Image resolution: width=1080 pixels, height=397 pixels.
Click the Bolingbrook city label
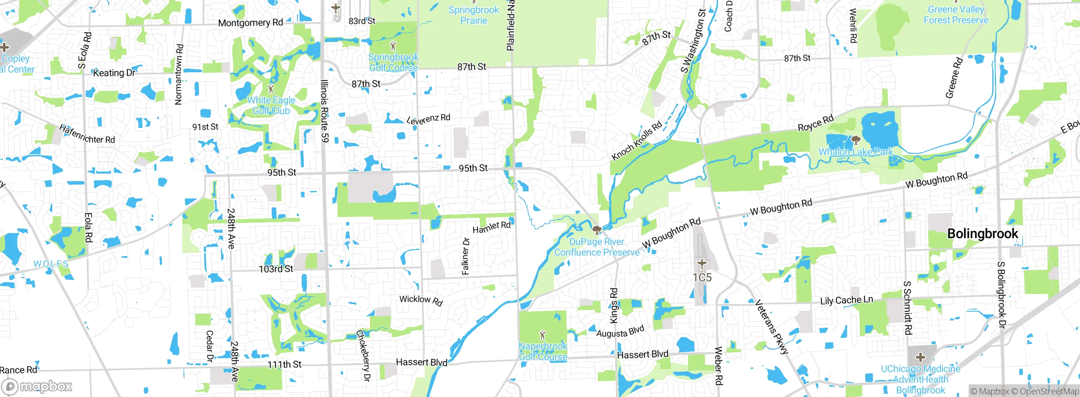[983, 234]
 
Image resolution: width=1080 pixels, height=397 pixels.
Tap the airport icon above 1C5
[702, 264]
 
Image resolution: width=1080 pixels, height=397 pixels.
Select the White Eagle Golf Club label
[271, 106]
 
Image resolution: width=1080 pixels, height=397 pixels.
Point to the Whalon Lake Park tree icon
[856, 140]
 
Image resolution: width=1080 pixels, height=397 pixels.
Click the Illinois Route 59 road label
[324, 111]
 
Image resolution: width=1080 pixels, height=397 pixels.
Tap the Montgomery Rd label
[250, 22]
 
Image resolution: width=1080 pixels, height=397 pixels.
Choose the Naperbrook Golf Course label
[543, 351]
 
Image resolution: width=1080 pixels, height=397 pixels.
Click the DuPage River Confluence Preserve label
[597, 247]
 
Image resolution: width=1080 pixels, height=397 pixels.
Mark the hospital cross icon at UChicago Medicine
[921, 358]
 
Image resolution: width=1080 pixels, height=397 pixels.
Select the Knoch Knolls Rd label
[637, 141]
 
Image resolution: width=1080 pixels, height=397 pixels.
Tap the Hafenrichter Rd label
[87, 134]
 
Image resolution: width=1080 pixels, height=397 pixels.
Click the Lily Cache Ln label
[846, 300]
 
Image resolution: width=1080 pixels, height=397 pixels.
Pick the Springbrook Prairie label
[473, 15]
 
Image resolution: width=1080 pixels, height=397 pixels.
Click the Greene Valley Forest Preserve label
[956, 15]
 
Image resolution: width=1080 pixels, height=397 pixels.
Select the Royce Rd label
[815, 122]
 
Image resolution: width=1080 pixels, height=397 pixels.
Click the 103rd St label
[275, 269]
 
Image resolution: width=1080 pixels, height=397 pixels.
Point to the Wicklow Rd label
[421, 300]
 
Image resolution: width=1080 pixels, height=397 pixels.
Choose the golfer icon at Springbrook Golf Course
[393, 46]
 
